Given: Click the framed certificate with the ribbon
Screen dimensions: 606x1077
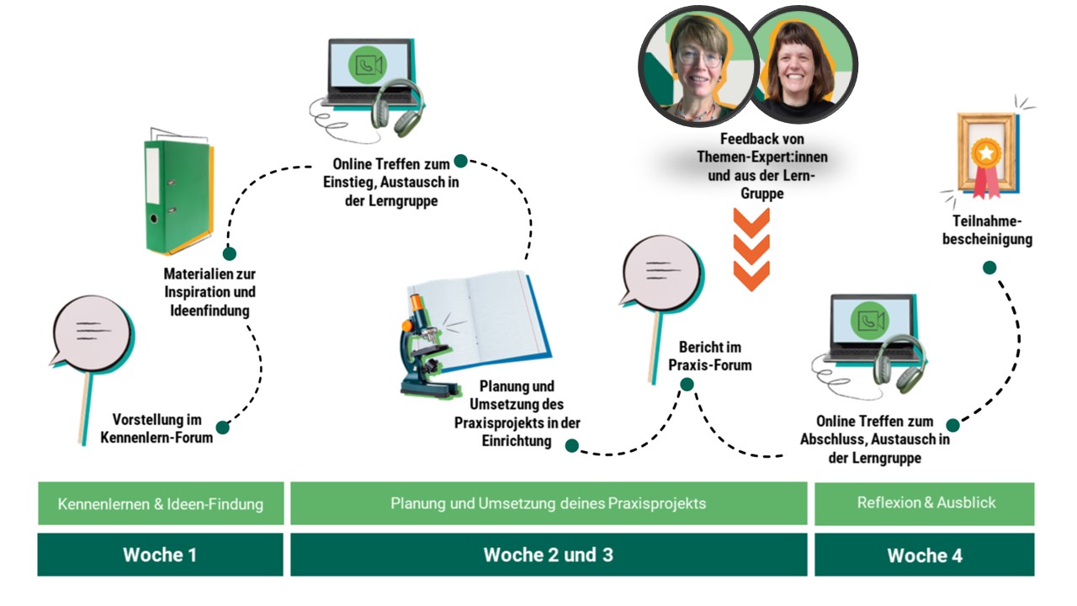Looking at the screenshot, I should point(984,156).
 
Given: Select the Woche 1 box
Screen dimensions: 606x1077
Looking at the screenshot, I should point(160,555).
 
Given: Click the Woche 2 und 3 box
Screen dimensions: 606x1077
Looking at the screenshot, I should point(548,555).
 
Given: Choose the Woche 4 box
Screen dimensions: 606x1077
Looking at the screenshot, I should point(924,555).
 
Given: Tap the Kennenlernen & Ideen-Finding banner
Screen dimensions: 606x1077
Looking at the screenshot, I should point(160,504).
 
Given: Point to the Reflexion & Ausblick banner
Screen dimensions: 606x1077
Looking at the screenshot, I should point(924,503).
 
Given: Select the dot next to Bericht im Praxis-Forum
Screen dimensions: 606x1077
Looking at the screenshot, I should point(687,385).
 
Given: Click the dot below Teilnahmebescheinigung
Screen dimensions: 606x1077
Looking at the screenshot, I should point(989,268).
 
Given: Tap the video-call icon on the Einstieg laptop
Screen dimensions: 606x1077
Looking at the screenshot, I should point(368,66).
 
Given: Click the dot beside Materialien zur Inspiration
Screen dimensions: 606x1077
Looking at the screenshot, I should point(229,253).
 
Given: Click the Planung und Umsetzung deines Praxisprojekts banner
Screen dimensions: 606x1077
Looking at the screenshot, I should point(548,504).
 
